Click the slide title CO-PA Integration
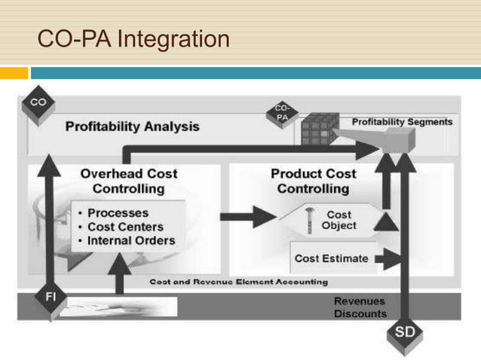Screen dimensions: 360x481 [x=133, y=38]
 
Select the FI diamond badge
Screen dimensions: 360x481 [x=50, y=297]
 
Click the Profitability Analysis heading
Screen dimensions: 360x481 [x=133, y=126]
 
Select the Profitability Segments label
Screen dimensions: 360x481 [x=403, y=121]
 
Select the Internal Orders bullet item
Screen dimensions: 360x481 [x=131, y=241]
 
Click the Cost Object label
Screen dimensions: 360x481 [x=339, y=221]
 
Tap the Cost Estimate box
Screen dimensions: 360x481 [x=332, y=258]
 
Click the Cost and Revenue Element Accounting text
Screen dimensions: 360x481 [x=239, y=282]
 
